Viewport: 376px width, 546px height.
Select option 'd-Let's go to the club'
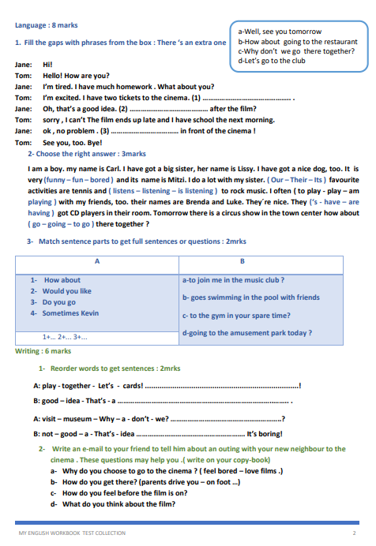click(x=271, y=60)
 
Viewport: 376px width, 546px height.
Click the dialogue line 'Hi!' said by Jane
click(x=47, y=65)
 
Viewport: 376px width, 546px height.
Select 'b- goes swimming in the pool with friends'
click(x=250, y=297)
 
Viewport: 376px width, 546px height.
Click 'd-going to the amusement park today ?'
click(x=246, y=332)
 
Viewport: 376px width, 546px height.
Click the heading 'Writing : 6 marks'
click(x=43, y=351)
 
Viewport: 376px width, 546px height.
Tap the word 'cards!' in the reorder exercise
click(x=133, y=386)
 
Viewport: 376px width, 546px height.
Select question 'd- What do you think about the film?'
click(x=112, y=504)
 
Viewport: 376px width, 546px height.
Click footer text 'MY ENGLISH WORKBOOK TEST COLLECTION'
click(x=72, y=533)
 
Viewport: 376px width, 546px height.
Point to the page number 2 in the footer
click(x=354, y=533)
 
